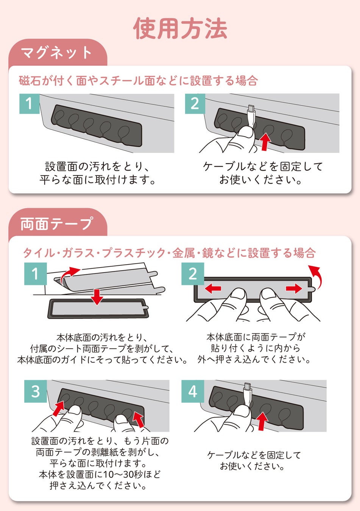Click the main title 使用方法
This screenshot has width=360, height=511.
(180, 28)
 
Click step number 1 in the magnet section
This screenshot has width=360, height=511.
(30, 104)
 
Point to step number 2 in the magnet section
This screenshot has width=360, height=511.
(195, 104)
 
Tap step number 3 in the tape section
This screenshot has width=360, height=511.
(36, 391)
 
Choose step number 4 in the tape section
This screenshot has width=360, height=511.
(193, 391)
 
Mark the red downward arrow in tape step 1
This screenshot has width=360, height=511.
(97, 297)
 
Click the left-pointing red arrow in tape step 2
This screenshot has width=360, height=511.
(213, 288)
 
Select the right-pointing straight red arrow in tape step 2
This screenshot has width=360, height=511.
(294, 288)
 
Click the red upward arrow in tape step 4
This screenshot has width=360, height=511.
(262, 421)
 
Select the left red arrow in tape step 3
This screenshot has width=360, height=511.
(59, 409)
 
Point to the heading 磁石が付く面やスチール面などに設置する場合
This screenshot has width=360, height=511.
(138, 81)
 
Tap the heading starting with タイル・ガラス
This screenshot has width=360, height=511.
(169, 253)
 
